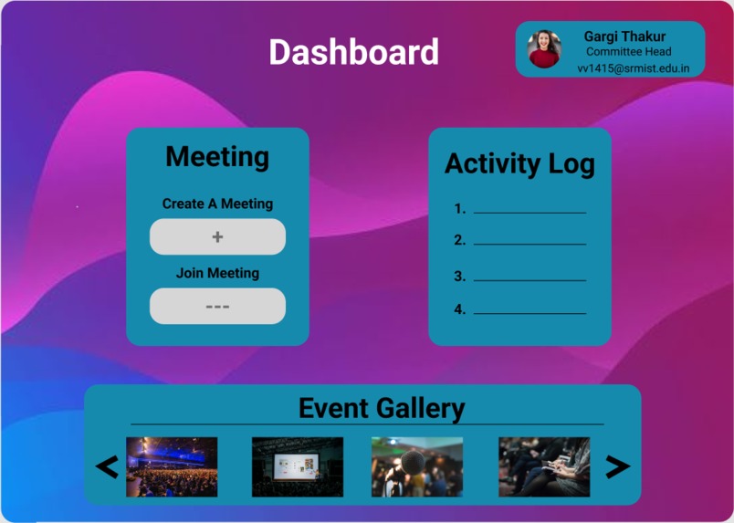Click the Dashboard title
353,52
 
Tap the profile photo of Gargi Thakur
545,49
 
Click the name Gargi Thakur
624,37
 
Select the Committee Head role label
628,52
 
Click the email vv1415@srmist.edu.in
633,68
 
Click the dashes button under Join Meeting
217,307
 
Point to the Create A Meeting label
217,204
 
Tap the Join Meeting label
217,273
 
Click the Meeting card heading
217,157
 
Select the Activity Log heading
519,164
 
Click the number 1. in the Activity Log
460,209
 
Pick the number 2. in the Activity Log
460,241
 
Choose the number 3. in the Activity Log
460,277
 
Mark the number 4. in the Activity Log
460,309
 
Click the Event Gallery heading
382,408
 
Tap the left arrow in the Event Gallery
107,467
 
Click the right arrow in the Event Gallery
618,467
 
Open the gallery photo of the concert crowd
172,466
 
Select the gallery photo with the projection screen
298,466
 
